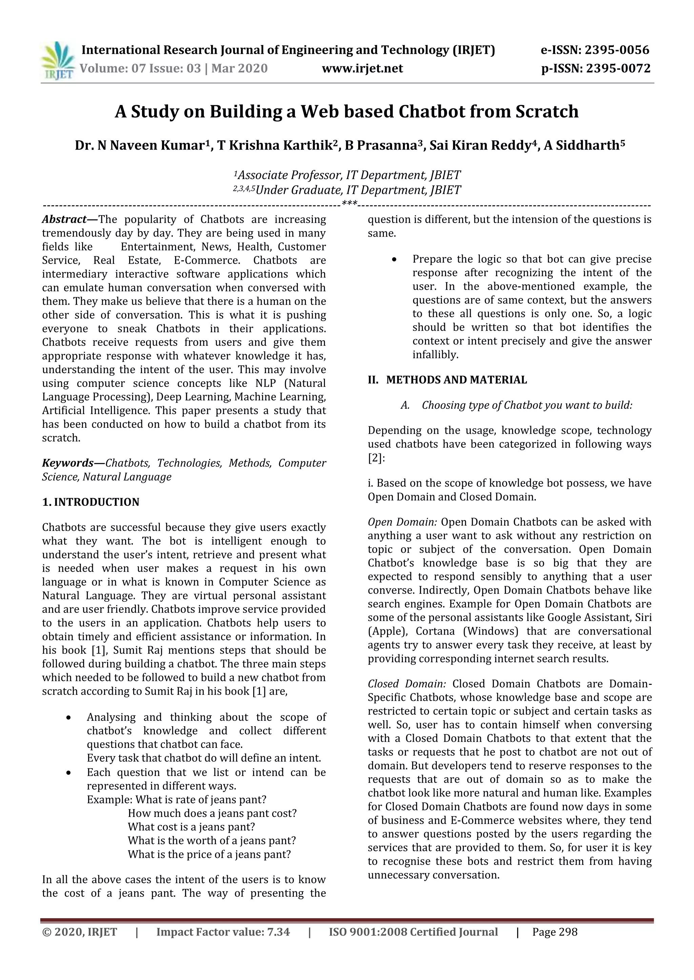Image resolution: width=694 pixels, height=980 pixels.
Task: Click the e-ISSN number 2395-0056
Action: [617, 50]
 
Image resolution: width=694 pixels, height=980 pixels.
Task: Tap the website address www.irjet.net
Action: [362, 68]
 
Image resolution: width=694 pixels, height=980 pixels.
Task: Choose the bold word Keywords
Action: [67, 463]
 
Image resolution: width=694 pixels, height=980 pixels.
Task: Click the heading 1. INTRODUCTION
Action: [90, 502]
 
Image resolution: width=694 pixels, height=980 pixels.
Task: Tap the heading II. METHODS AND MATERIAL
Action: [447, 380]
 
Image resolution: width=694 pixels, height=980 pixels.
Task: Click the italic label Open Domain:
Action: [402, 522]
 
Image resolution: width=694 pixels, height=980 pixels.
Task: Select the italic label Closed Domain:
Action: [406, 684]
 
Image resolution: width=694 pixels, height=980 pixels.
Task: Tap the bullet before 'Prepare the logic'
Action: [394, 260]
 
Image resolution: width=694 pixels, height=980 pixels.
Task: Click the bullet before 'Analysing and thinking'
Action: [68, 717]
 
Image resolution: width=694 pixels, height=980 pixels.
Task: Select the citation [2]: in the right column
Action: [376, 458]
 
